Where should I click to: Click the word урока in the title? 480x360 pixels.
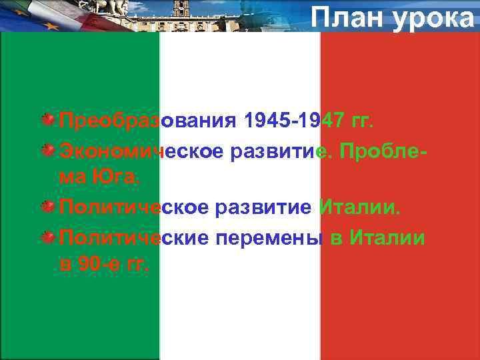click(433, 17)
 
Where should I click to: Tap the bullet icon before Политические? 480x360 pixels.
click(49, 236)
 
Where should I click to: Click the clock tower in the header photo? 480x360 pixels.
click(180, 9)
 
